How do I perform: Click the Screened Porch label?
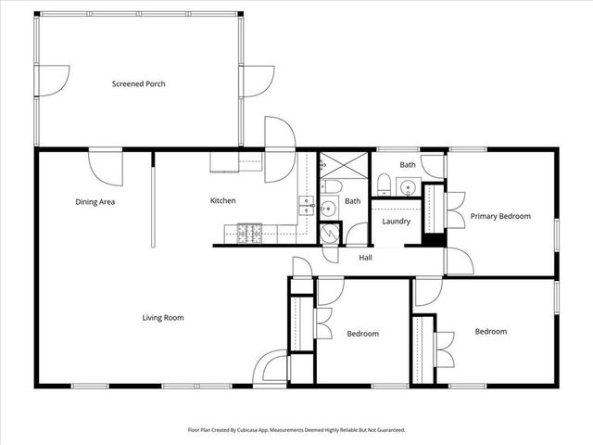(138, 84)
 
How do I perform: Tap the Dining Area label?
(95, 202)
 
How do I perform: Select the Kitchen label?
(222, 200)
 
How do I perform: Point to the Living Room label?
(163, 318)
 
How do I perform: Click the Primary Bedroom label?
(500, 216)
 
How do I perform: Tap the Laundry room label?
(396, 222)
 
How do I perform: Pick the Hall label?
(365, 258)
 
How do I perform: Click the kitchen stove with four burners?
(249, 234)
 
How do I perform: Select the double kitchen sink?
(307, 206)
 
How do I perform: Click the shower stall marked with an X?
(344, 165)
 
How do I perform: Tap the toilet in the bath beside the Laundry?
(384, 184)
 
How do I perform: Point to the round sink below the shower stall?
(327, 208)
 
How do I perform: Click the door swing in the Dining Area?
(106, 168)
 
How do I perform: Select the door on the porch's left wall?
(53, 81)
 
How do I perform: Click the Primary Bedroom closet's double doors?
(455, 210)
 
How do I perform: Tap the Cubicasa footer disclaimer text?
(296, 430)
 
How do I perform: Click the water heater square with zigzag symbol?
(330, 234)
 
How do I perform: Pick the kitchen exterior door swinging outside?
(280, 149)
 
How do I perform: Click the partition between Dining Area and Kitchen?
(153, 200)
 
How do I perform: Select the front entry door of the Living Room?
(270, 366)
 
